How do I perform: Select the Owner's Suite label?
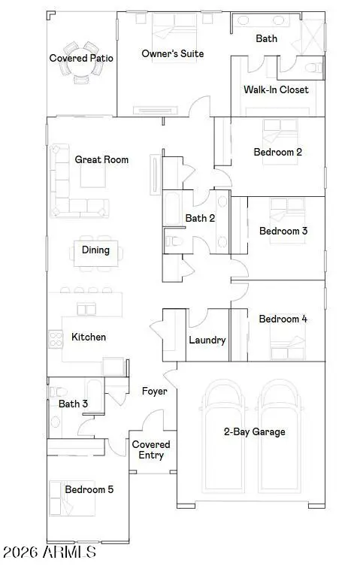pos(172,53)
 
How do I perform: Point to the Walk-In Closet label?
pos(276,89)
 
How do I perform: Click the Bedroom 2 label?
pos(277,152)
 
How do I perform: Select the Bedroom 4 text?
pos(283,319)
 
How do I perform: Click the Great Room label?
pos(101,159)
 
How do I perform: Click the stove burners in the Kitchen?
pos(56,338)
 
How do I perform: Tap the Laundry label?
pos(207,340)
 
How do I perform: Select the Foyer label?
pos(154,391)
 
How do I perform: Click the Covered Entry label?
pos(151,449)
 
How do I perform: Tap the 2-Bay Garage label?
pos(254,432)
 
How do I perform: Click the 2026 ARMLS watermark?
pos(50,552)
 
